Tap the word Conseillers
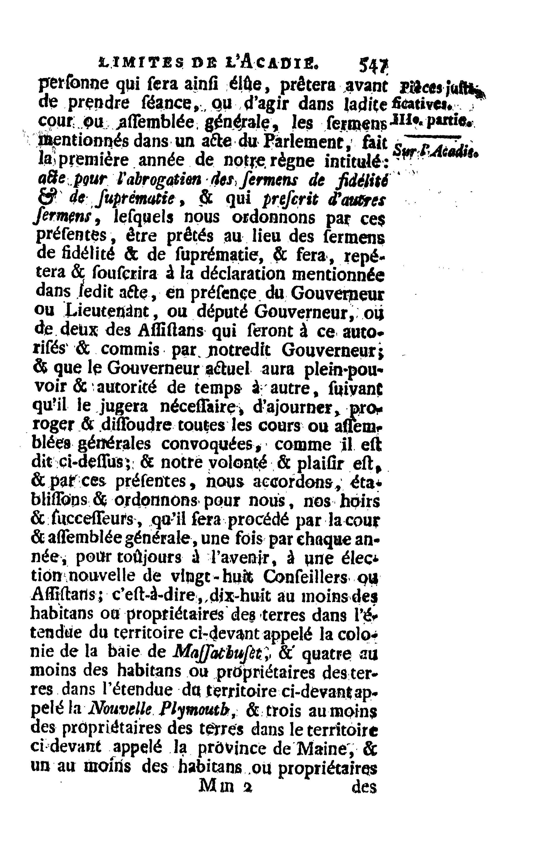(305, 577)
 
